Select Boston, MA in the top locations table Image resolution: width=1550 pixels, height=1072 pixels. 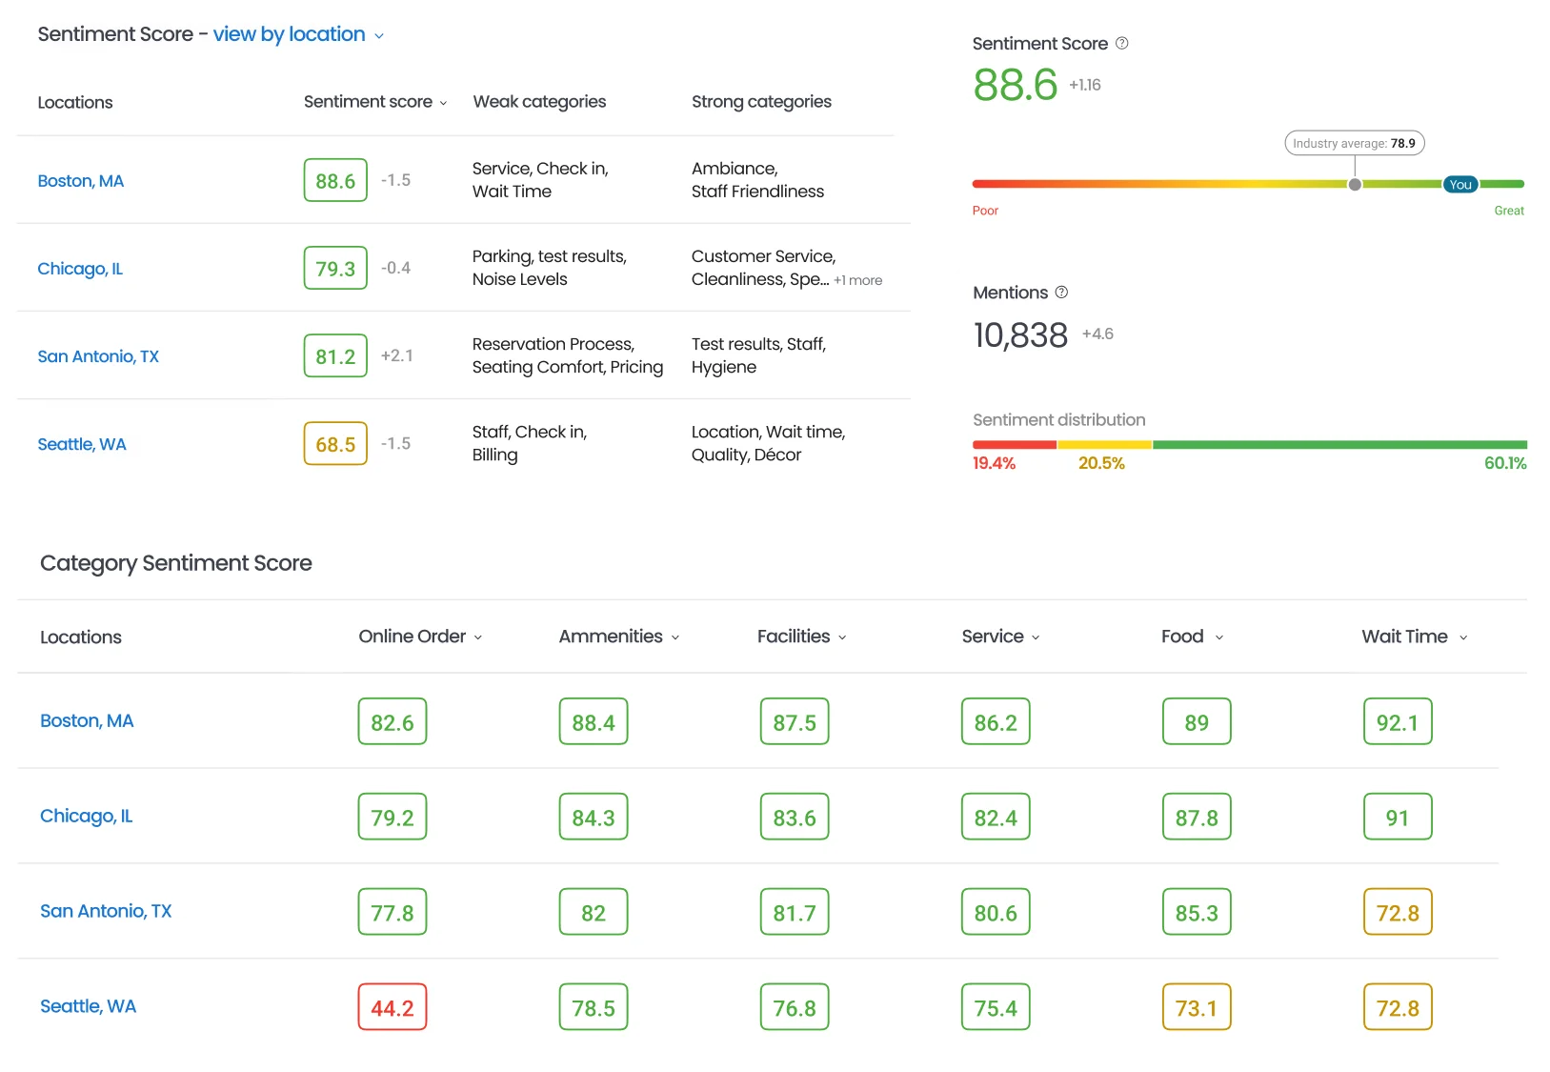tap(81, 181)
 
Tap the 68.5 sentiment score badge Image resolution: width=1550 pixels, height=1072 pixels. tap(335, 444)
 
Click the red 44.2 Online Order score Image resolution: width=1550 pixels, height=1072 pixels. tap(393, 1008)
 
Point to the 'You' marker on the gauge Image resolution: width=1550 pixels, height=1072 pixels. tap(1460, 185)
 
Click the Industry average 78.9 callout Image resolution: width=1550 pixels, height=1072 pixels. tap(1354, 143)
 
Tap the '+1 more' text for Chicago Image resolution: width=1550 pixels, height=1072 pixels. tap(858, 280)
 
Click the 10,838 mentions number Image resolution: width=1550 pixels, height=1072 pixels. tap(1020, 335)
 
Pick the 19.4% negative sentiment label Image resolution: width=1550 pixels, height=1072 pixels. tap(994, 463)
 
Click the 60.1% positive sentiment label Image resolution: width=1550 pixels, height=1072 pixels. tap(1505, 463)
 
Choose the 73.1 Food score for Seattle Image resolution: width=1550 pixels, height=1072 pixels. tap(1197, 1008)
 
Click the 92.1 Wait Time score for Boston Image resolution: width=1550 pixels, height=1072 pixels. tap(1398, 722)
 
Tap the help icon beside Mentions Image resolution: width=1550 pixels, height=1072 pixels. tap(1061, 293)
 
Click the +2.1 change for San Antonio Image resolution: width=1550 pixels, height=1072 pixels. tap(397, 355)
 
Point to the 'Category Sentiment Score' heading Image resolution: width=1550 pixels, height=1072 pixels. tap(176, 563)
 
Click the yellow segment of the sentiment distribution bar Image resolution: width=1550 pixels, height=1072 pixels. tap(1104, 445)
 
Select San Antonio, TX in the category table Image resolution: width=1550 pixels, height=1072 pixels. tap(106, 911)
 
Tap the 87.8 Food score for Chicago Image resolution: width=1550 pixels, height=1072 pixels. tap(1197, 818)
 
